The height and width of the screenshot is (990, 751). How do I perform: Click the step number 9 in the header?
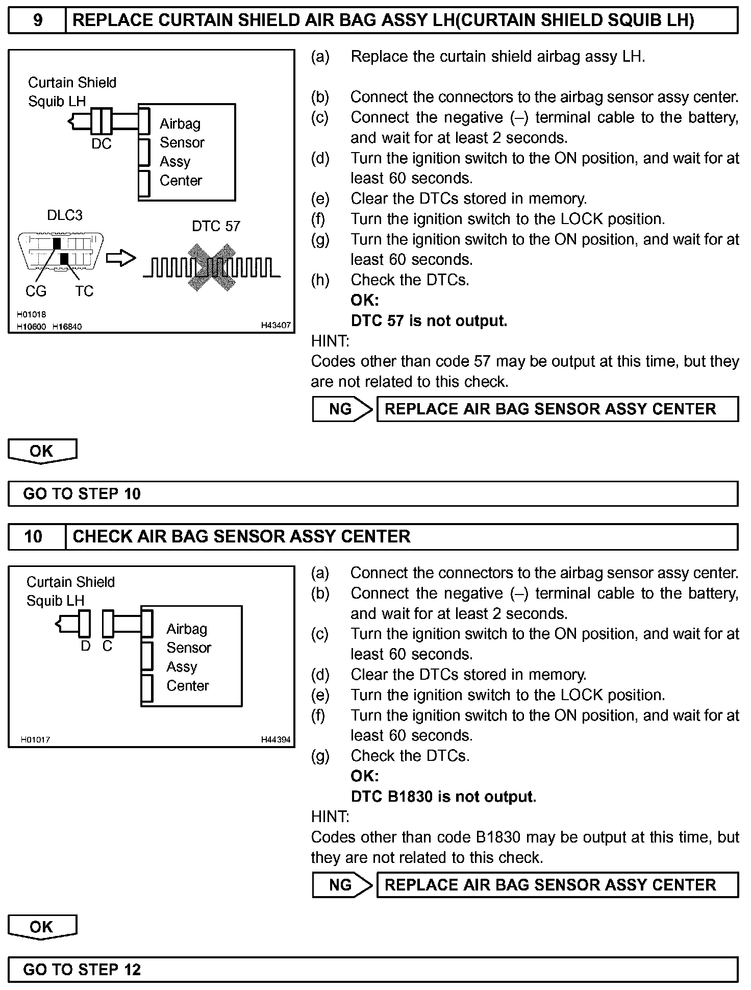(x=37, y=20)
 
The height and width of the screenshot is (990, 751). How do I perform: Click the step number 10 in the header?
(x=34, y=536)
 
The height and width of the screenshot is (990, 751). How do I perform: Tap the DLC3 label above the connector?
(x=64, y=215)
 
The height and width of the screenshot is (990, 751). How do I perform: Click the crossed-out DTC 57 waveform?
(x=212, y=267)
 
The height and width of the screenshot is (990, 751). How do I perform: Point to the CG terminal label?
(x=36, y=291)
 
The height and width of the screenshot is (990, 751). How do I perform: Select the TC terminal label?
(x=84, y=291)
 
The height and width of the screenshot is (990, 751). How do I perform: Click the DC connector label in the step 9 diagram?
(x=101, y=144)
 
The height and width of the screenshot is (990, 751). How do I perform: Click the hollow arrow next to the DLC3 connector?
(x=120, y=258)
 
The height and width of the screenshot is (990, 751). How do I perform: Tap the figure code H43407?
(x=276, y=325)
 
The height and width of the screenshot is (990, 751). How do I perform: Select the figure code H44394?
(x=276, y=739)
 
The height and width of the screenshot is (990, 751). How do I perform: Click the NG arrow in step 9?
(x=342, y=409)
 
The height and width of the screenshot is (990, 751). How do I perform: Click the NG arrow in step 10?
(x=342, y=885)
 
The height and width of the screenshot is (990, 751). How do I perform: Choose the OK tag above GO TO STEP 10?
(x=42, y=451)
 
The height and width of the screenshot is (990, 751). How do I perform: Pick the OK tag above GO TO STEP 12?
(x=42, y=927)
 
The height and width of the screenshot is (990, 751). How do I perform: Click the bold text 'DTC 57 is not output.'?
(x=429, y=321)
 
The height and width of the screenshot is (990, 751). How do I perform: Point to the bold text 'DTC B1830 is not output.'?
(x=443, y=797)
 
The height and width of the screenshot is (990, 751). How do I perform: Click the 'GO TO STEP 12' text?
(x=82, y=970)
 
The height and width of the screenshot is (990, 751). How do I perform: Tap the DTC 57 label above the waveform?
(x=216, y=226)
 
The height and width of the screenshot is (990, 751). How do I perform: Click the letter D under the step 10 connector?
(x=85, y=647)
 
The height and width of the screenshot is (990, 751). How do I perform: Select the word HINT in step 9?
(x=330, y=341)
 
